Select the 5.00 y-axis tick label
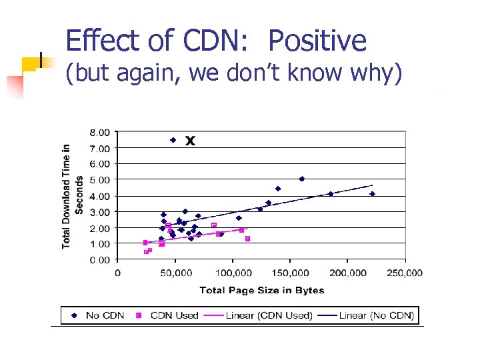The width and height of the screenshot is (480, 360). [x=101, y=179]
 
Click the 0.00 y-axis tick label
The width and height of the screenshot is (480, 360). [x=101, y=260]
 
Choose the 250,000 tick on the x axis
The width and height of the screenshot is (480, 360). [x=404, y=273]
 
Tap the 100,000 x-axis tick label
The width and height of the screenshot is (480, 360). [x=232, y=273]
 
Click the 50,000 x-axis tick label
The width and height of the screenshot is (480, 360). [x=175, y=273]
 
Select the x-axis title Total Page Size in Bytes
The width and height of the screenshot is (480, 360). [x=262, y=289]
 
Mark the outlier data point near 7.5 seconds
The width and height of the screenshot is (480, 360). [x=173, y=140]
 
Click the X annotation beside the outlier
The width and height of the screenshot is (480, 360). [x=190, y=141]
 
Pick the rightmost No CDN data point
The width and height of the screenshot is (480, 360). [x=373, y=194]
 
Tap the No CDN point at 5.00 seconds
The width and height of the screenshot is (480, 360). [x=302, y=179]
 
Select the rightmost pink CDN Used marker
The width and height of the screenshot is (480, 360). [x=247, y=239]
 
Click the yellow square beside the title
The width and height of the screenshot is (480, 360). [x=29, y=64]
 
